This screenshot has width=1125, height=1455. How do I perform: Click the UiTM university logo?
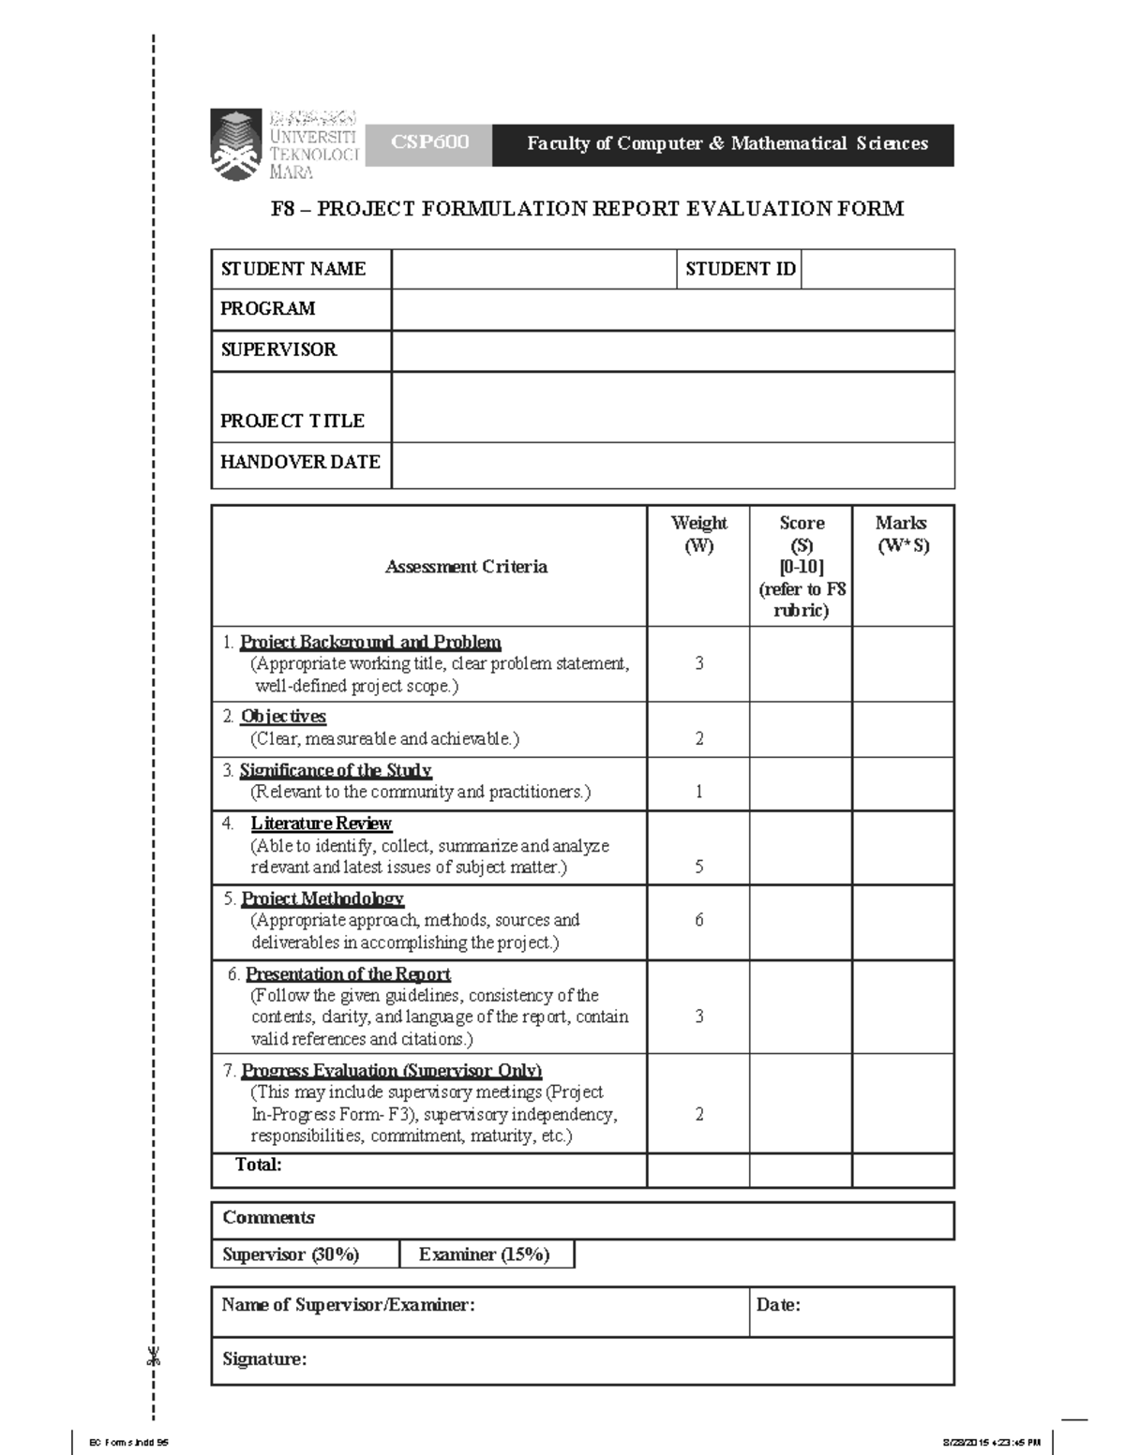coord(236,145)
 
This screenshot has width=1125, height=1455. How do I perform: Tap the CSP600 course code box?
coord(428,143)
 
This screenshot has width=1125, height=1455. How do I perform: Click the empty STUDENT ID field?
coord(877,269)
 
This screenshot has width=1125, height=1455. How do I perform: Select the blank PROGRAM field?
coord(672,309)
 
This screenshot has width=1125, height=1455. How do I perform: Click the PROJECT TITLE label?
coord(292,421)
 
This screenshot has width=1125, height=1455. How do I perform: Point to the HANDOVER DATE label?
coord(300,462)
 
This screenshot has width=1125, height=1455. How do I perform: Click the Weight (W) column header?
coord(698,534)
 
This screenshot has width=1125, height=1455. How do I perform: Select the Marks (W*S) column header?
coord(902,534)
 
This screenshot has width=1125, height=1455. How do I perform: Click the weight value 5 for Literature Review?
coord(699,867)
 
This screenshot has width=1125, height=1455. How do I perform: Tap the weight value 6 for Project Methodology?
coord(699,920)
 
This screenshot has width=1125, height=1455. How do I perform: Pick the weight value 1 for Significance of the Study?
coord(699,792)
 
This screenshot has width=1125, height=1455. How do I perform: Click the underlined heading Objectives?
coord(283,717)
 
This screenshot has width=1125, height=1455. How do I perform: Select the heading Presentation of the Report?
coord(348,974)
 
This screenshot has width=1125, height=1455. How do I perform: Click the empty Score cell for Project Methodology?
coord(801,922)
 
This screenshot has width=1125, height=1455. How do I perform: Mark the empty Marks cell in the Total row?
coord(903,1170)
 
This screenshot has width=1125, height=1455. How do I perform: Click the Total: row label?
coord(259,1165)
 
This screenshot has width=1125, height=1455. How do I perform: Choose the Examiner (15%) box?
coord(486,1255)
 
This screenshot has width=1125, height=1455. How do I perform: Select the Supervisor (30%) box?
coord(292,1255)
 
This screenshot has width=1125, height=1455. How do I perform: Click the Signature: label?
coord(264,1359)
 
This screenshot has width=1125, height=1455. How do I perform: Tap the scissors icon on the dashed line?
coord(154,1355)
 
